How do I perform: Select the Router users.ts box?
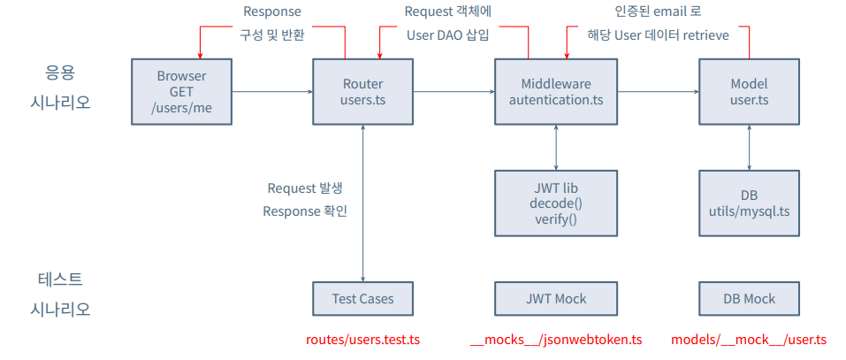(363, 92)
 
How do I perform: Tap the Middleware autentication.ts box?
(556, 92)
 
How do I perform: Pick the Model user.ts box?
(749, 92)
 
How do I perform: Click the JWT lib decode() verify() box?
(556, 203)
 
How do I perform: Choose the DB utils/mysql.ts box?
(749, 203)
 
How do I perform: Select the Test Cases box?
(363, 298)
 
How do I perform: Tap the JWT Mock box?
(556, 298)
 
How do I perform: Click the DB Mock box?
(749, 298)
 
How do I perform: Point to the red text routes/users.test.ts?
(362, 340)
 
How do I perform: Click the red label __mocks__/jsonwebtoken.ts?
(556, 340)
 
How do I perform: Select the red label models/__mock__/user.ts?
(749, 340)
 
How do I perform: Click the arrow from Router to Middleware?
(453, 92)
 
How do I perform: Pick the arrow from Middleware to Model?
(658, 92)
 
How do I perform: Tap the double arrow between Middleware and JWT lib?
(556, 149)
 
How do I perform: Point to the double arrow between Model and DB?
(749, 149)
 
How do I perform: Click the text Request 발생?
(305, 189)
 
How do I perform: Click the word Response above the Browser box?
(272, 11)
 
